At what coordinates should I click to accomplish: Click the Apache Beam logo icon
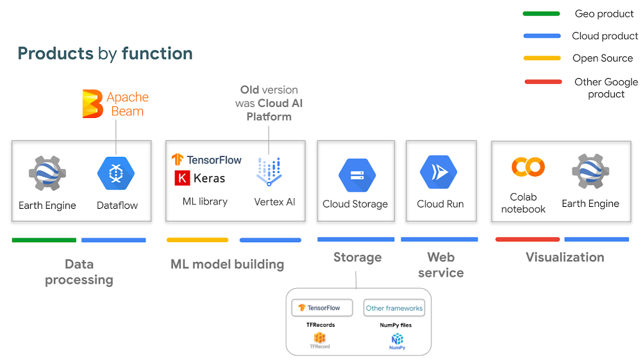coord(92,104)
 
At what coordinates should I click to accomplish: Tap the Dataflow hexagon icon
coord(116,173)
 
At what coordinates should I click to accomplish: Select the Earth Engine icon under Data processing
coord(47,173)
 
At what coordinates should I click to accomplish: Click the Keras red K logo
coord(182,178)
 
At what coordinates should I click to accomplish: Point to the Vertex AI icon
coord(269,172)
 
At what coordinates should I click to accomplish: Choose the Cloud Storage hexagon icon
coord(357,176)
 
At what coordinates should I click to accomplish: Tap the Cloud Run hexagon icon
coord(438,172)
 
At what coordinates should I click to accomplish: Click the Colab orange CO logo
coord(528,167)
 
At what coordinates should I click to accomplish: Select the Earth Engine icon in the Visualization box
coord(591,172)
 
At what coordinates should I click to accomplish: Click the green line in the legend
coord(541,14)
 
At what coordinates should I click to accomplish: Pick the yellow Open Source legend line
coord(542,58)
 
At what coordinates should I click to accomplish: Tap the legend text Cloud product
coord(605,36)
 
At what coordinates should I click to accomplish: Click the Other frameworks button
coord(394,308)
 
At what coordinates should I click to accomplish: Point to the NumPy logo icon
coord(397,339)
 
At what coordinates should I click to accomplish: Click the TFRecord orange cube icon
coord(320,338)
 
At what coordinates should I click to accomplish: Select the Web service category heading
coord(441,265)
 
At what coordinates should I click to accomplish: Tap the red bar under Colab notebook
coord(528,240)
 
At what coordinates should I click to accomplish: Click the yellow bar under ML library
coord(197,240)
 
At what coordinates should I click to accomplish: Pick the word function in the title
coord(158,54)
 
